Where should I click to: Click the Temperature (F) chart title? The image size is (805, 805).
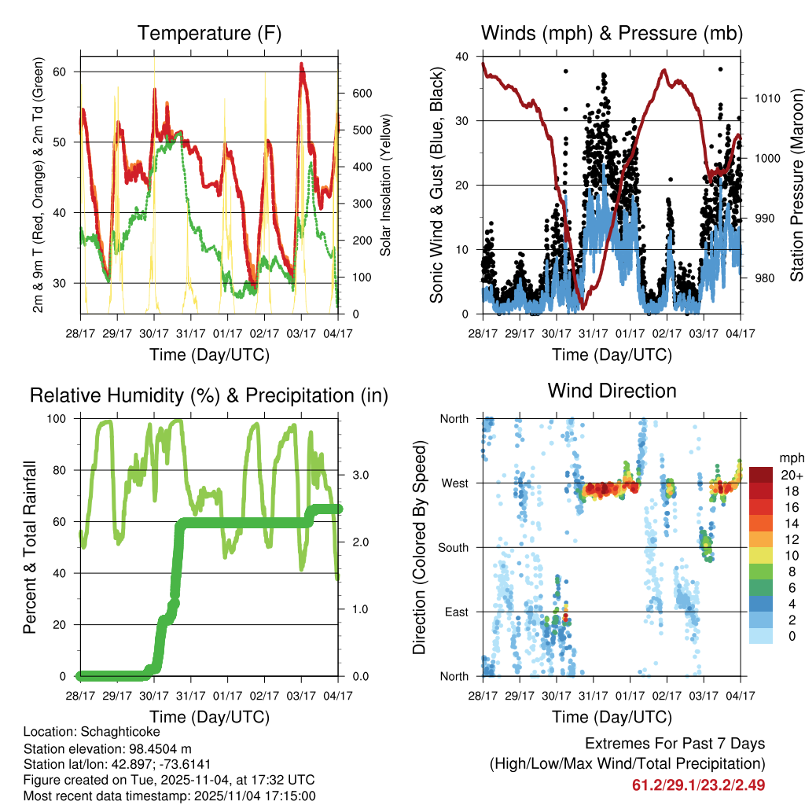point(208,33)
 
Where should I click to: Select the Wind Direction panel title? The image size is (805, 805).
point(612,391)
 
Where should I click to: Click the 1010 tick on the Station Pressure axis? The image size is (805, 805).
point(766,99)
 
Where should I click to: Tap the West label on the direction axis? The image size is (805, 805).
point(455,483)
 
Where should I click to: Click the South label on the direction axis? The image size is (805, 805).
point(454,547)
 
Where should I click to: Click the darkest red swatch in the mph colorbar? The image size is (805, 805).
point(761,475)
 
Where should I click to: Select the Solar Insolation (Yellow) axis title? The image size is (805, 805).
point(386,186)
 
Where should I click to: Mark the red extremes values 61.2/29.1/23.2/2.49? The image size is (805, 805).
point(698,785)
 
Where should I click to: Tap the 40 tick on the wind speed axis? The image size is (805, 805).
point(462,57)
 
